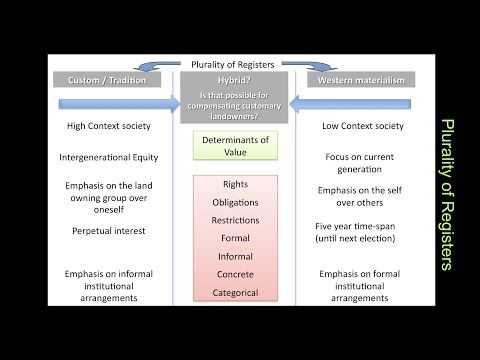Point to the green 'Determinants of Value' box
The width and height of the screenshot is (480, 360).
236,147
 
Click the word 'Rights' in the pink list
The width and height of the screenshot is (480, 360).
236,184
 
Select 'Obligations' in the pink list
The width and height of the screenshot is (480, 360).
236,202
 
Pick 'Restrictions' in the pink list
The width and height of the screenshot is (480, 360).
236,220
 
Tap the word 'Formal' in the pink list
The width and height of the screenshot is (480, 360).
236,238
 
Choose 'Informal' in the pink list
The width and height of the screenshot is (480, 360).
236,256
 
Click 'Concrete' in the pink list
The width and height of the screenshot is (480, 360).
236,274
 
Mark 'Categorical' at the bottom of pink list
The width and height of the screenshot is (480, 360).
236,292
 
